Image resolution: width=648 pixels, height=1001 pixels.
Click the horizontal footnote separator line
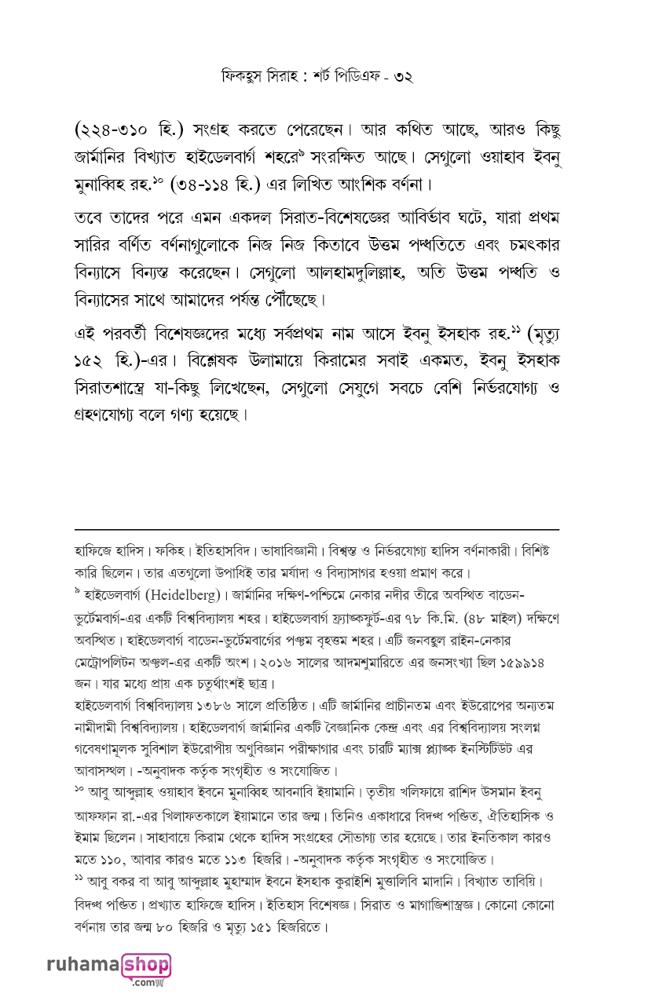(x=317, y=530)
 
